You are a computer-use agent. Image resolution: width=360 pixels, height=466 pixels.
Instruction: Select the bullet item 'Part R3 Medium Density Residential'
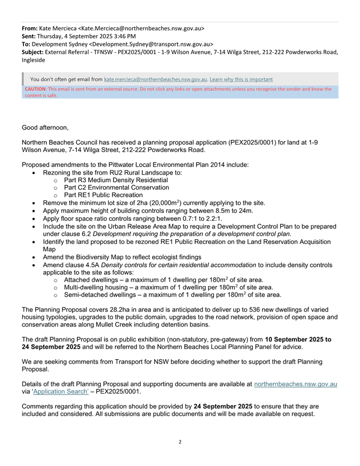[115, 180]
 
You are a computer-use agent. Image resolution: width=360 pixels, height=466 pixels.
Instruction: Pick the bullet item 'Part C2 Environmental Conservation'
[116, 187]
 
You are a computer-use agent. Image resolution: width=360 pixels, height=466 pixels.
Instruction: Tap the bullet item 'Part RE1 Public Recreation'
[102, 195]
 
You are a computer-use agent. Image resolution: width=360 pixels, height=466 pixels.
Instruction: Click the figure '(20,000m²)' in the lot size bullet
[161, 203]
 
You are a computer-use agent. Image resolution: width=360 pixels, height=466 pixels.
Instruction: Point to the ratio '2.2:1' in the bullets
[211, 218]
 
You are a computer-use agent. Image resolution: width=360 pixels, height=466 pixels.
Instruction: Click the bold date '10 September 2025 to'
[301, 339]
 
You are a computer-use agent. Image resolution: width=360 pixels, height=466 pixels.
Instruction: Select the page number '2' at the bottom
[180, 442]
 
